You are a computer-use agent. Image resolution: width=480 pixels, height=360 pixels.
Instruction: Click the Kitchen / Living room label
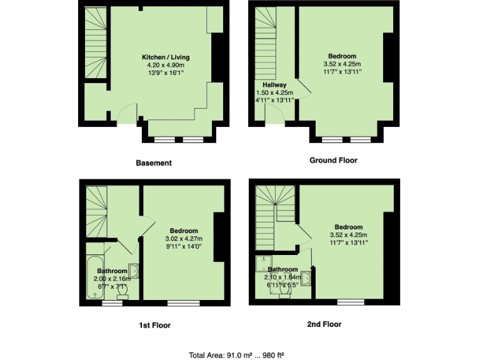tap(166, 57)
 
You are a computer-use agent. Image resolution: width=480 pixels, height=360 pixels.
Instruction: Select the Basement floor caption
tap(154, 163)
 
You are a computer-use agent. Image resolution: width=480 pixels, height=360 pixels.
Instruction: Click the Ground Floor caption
tap(333, 161)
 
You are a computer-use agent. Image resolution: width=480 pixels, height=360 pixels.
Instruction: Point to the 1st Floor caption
tap(154, 325)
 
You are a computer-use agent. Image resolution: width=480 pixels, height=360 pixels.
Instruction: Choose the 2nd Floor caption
tap(325, 324)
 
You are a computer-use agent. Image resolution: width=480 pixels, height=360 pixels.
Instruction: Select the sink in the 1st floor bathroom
tap(134, 271)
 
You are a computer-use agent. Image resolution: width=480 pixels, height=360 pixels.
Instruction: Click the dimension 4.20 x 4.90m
tap(166, 65)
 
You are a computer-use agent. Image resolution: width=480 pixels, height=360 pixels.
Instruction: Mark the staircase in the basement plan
tap(95, 44)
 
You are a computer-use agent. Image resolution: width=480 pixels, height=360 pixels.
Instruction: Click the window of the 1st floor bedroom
tap(179, 304)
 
